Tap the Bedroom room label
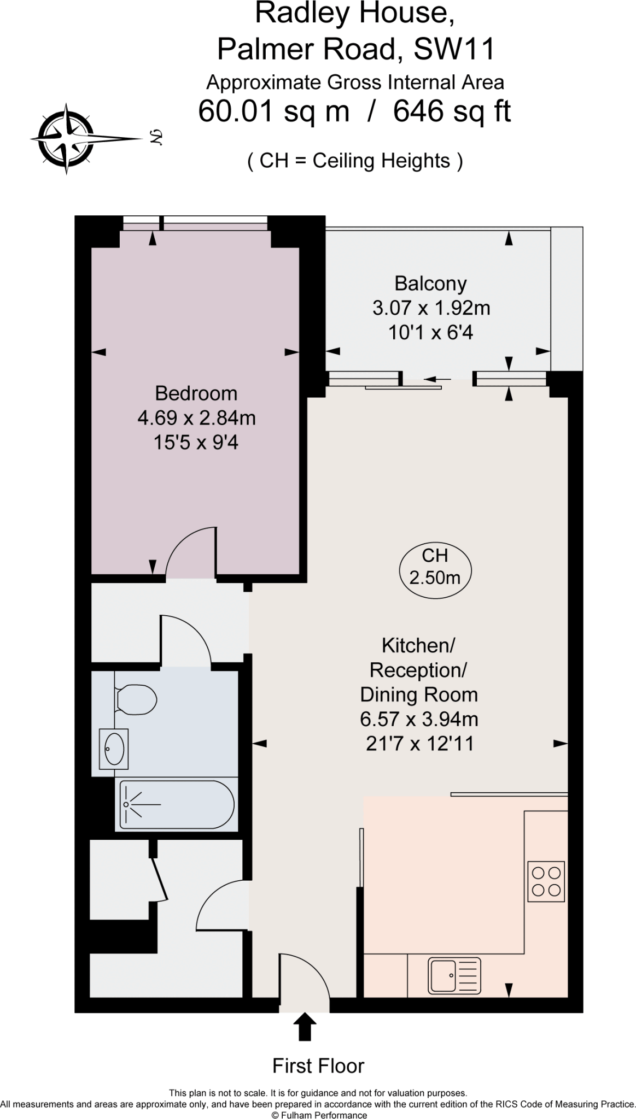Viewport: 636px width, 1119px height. coord(196,393)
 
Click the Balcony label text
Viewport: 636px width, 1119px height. coord(430,284)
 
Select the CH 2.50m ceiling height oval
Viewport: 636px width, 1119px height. coord(435,567)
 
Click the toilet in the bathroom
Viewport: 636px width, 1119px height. coord(137,699)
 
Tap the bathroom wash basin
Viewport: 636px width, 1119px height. coord(114,749)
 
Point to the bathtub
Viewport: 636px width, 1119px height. coord(176,804)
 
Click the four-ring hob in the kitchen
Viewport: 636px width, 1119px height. coord(546,881)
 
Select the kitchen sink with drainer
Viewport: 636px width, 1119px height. coord(455,975)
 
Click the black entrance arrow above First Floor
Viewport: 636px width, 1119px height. coord(305,1027)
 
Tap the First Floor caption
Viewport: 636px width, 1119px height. coord(318,1065)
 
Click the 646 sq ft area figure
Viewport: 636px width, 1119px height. coord(452,111)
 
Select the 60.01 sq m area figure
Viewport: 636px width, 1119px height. coord(273,111)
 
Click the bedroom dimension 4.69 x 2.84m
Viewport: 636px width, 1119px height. coord(196,418)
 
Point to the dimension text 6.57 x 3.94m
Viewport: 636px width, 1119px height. coord(419,719)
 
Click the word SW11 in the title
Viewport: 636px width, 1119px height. coord(454,49)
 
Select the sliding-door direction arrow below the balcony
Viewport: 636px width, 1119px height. coord(437,379)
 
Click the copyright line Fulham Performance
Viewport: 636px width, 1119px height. coord(319,1115)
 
